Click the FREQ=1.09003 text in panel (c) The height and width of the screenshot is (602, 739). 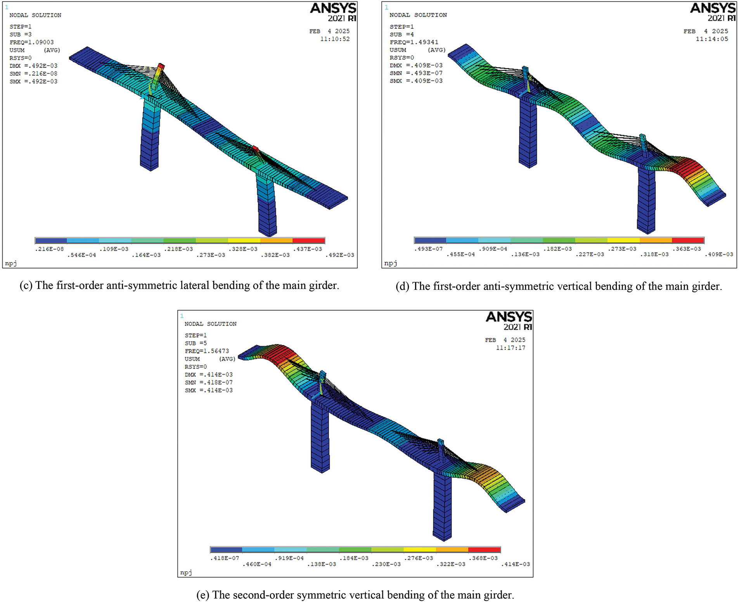click(x=32, y=42)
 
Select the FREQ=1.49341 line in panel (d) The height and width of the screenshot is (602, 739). click(x=414, y=42)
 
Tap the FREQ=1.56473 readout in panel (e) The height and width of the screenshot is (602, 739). click(x=207, y=351)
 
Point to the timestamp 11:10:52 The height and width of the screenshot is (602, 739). click(x=335, y=39)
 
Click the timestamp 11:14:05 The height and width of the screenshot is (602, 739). click(x=712, y=39)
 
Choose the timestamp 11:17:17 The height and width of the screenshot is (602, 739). click(x=511, y=348)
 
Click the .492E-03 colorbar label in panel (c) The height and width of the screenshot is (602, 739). click(x=339, y=255)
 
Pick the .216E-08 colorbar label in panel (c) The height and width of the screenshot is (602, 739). click(x=49, y=249)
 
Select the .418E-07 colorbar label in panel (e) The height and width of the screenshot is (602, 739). click(x=225, y=558)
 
